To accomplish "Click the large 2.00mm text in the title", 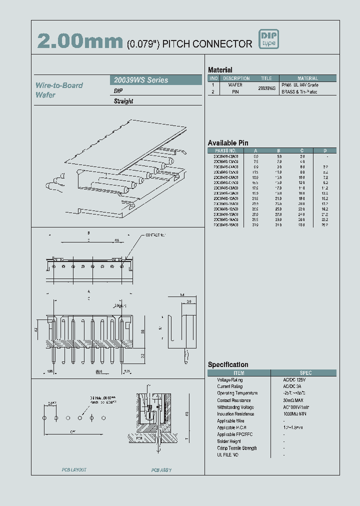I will (x=80, y=41).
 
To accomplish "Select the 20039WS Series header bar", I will (x=155, y=80).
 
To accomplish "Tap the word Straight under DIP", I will (x=123, y=101).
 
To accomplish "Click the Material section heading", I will (x=220, y=70).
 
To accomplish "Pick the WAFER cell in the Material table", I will (x=235, y=85).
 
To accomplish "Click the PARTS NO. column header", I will (x=225, y=150).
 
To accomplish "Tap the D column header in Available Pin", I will (x=325, y=150).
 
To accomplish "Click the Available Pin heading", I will (x=228, y=143).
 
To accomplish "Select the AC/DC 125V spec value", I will (x=295, y=379).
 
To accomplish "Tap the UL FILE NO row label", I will (x=228, y=455).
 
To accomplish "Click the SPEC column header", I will (x=305, y=373).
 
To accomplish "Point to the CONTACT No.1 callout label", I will (x=156, y=234).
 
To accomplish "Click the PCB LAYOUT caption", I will (x=74, y=470).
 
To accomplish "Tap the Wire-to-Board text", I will (x=59, y=85).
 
